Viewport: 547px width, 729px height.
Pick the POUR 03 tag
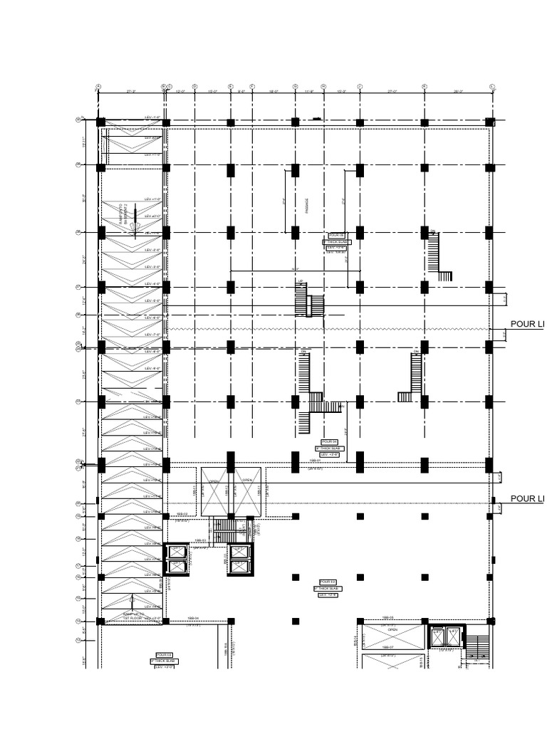tap(328, 582)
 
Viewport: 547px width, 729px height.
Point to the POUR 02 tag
tap(164, 654)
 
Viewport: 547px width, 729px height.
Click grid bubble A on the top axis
tap(99, 87)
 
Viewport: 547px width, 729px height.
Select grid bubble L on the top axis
tap(491, 87)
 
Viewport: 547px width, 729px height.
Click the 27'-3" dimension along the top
tap(132, 91)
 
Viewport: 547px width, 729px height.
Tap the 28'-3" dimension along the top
tap(457, 91)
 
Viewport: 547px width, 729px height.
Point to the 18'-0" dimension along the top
tap(273, 91)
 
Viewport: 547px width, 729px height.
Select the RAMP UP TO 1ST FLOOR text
tap(133, 615)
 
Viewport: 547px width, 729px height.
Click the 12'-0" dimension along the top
tap(180, 91)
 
